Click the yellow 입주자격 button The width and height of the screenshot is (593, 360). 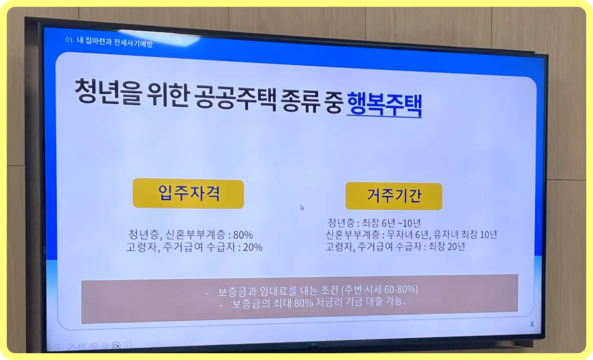click(188, 193)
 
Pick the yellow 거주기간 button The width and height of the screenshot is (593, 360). click(394, 196)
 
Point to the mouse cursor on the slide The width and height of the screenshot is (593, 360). click(302, 208)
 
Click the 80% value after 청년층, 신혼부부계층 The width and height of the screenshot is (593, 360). click(243, 235)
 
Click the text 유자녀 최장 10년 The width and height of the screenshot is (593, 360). click(466, 235)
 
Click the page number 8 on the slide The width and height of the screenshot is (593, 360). click(532, 324)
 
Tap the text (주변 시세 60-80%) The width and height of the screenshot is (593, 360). click(379, 290)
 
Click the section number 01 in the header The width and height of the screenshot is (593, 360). click(69, 40)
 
